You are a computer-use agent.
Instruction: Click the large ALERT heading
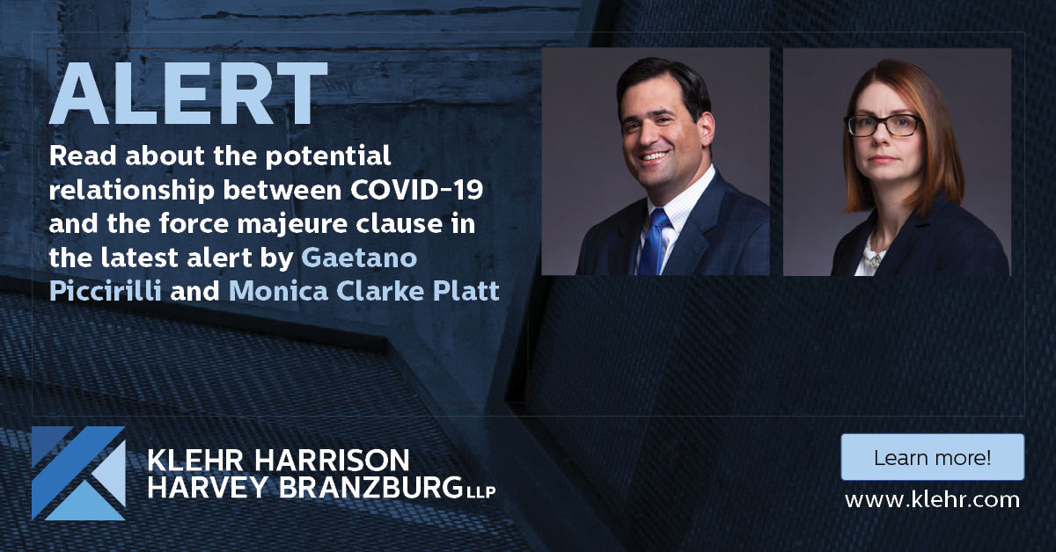pyautogui.click(x=188, y=93)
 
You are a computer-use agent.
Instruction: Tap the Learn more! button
pyautogui.click(x=933, y=457)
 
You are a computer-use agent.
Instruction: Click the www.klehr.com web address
pyautogui.click(x=932, y=500)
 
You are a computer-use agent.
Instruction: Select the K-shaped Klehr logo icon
pyautogui.click(x=78, y=473)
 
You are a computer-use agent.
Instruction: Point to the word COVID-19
pyautogui.click(x=417, y=189)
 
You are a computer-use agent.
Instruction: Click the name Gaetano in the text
pyautogui.click(x=359, y=258)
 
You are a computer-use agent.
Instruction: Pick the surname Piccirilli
pyautogui.click(x=105, y=291)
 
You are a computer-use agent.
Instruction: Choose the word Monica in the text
pyautogui.click(x=278, y=291)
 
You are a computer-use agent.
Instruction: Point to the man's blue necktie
pyautogui.click(x=655, y=242)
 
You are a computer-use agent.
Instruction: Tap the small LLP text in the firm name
pyautogui.click(x=481, y=492)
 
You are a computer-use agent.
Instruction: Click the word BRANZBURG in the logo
pyautogui.click(x=370, y=488)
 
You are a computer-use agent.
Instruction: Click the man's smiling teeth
pyautogui.click(x=653, y=156)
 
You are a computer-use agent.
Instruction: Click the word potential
pyautogui.click(x=328, y=156)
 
